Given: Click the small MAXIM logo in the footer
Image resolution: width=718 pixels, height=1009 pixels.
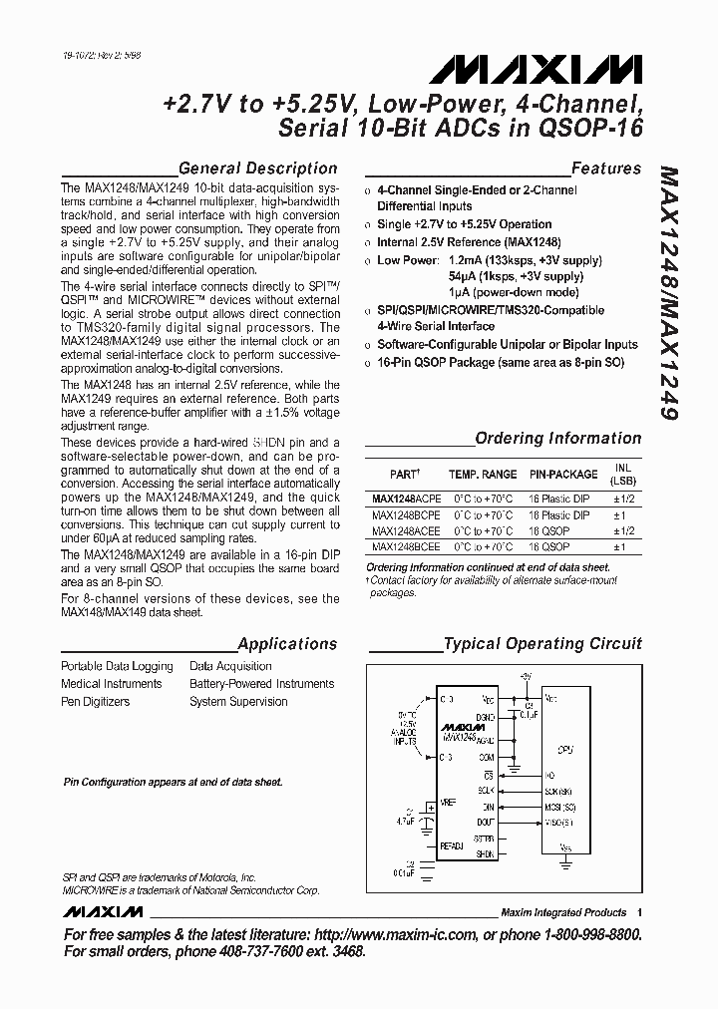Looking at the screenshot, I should [x=103, y=912].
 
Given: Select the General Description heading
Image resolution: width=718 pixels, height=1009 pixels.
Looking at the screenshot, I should [x=257, y=168].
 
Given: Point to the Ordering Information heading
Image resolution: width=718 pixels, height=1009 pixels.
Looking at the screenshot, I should [x=557, y=438].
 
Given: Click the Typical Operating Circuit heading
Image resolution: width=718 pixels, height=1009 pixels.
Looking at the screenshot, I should [x=542, y=644].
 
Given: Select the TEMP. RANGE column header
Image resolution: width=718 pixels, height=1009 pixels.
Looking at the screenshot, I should [x=483, y=476].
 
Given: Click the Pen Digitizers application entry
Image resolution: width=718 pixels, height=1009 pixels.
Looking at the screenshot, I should [x=96, y=702].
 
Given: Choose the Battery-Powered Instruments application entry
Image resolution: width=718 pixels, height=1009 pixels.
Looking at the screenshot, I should [x=261, y=684].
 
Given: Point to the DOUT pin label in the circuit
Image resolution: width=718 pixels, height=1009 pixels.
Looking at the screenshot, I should [x=486, y=821].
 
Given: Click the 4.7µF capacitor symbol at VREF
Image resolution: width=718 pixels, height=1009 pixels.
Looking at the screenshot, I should [x=427, y=824].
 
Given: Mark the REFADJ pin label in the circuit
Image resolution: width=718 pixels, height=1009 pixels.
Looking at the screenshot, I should [x=452, y=844].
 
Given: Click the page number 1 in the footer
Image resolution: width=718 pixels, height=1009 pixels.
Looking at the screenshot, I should [x=639, y=912].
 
